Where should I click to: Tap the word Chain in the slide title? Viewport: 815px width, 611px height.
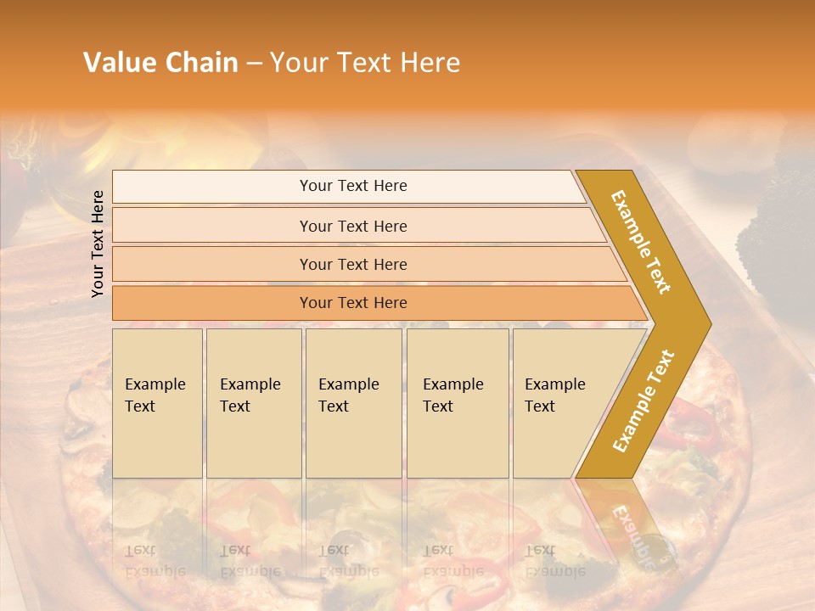(203, 63)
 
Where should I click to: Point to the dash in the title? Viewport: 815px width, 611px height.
(254, 64)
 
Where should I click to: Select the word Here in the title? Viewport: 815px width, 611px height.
(430, 63)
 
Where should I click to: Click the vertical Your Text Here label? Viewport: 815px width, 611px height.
(98, 244)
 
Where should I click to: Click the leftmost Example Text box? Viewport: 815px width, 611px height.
(157, 402)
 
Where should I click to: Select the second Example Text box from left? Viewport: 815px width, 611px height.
(253, 402)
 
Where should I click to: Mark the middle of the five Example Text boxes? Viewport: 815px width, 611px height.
(353, 402)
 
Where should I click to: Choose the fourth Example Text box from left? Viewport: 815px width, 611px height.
(458, 402)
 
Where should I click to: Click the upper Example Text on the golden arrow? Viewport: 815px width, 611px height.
(641, 241)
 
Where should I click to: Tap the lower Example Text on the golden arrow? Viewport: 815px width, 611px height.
(643, 401)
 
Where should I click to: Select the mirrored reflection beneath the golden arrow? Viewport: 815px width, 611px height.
(628, 526)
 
